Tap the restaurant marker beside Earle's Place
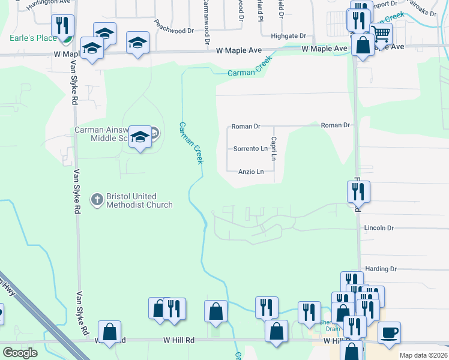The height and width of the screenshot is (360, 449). coord(62,26)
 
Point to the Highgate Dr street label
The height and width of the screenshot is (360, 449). coord(288,36)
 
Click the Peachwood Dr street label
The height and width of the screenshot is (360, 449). coord(174,26)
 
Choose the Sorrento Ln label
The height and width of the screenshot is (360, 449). coord(250,148)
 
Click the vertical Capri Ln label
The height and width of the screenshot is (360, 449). coord(273,148)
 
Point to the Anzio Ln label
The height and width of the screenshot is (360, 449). coord(251,172)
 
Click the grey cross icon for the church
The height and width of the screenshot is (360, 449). coord(97,199)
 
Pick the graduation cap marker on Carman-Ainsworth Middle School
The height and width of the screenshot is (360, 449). coord(140,137)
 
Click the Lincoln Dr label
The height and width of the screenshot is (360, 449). coord(378,228)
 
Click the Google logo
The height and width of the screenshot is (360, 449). coord(20,353)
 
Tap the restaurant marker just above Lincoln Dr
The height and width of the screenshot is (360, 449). coord(358,192)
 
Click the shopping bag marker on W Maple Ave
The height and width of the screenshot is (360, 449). coord(363,45)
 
